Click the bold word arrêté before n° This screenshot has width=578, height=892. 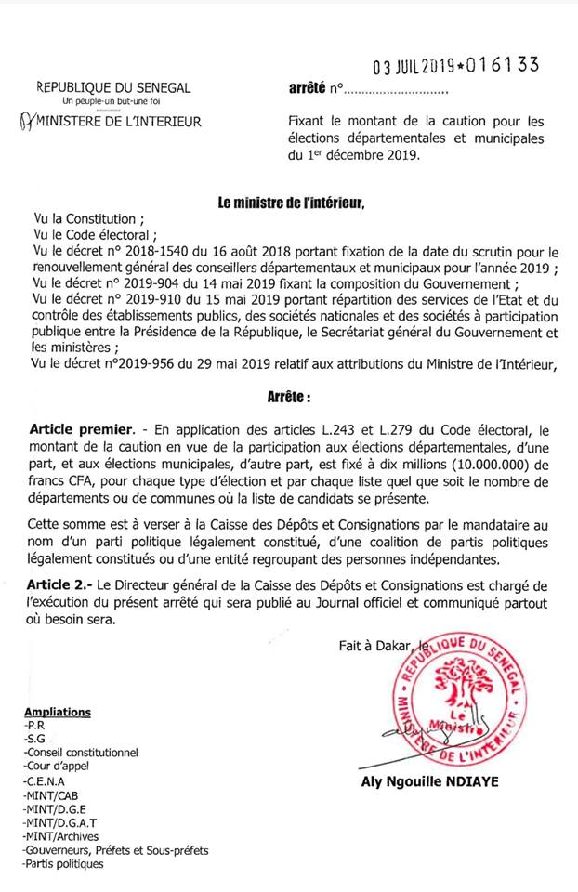tap(307, 90)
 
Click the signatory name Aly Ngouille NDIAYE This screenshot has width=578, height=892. tap(429, 781)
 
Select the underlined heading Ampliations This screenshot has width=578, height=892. tap(58, 712)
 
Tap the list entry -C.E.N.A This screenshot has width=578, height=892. tap(46, 782)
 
